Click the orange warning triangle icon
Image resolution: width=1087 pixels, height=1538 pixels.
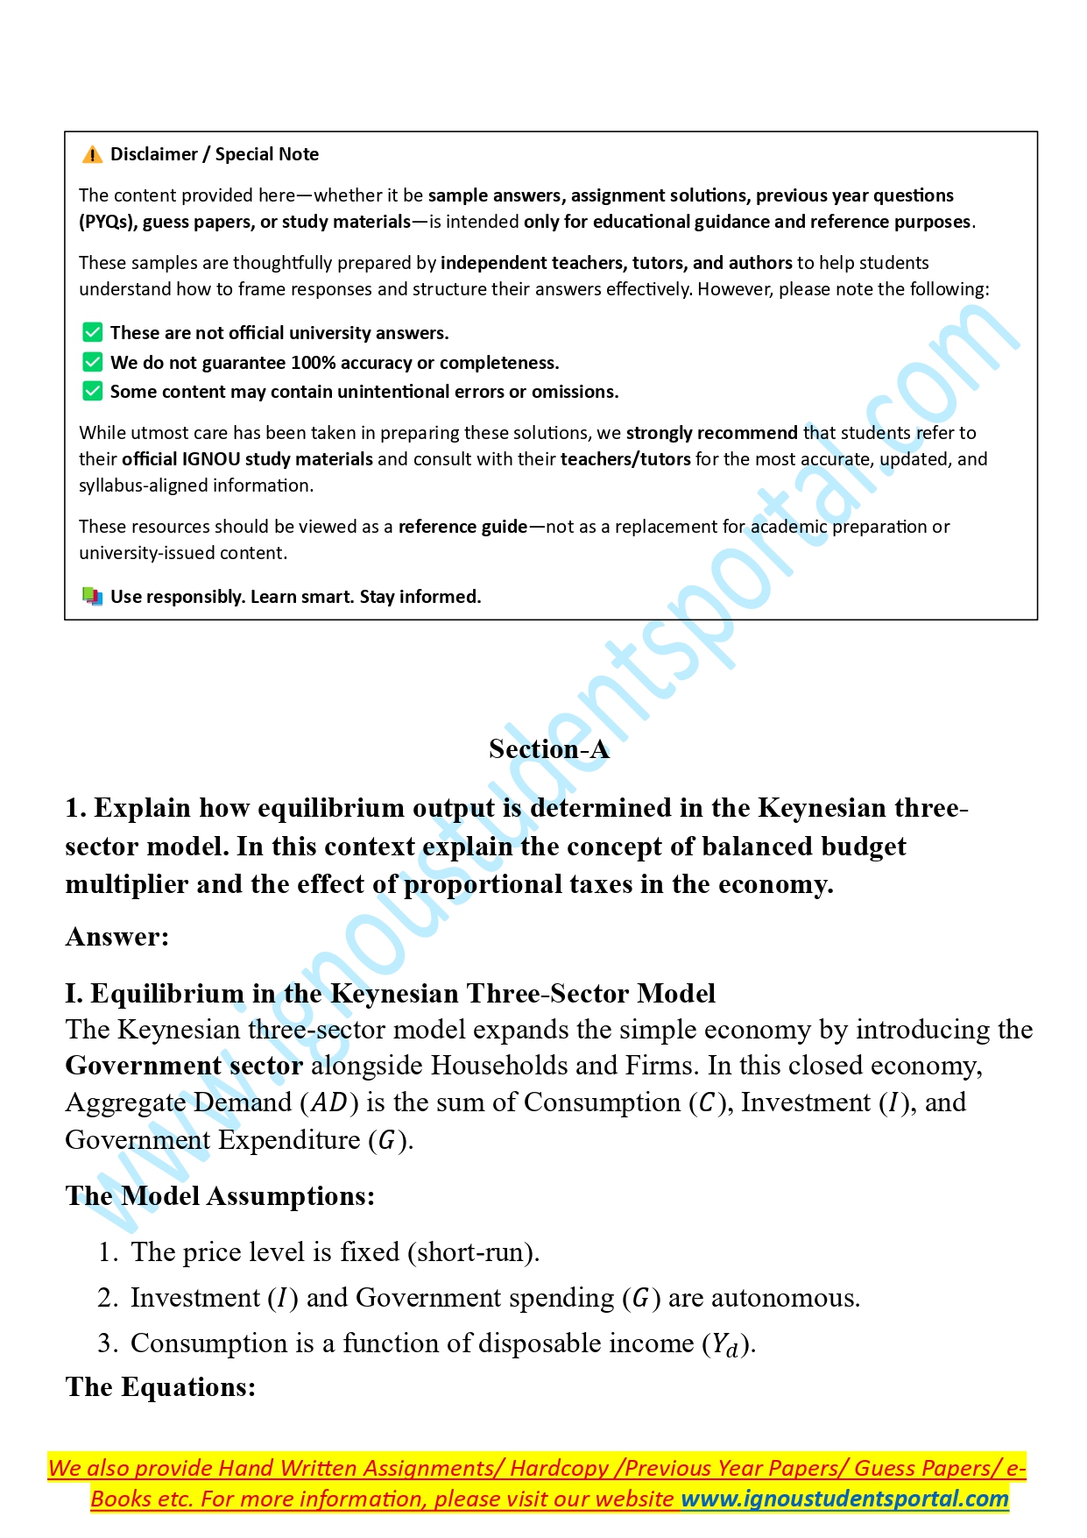[x=92, y=155]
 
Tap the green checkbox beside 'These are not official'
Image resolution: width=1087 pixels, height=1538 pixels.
[x=92, y=333]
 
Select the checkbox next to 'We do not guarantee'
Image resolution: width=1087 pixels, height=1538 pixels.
[x=92, y=362]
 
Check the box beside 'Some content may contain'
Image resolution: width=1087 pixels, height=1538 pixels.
[x=92, y=391]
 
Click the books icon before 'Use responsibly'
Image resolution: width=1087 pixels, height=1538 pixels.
[x=92, y=597]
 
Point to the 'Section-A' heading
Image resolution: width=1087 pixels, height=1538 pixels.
[x=548, y=749]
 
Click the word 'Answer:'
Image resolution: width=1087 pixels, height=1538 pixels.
[x=117, y=937]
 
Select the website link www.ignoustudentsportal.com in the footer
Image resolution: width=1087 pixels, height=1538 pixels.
[x=845, y=1499]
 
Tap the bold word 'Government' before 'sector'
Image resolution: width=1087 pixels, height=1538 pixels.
[x=144, y=1066]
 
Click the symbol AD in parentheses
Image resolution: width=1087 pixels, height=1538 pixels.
[x=329, y=1102]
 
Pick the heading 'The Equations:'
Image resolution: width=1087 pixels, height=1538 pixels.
[x=160, y=1387]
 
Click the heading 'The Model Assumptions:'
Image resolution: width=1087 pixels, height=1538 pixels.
[x=220, y=1196]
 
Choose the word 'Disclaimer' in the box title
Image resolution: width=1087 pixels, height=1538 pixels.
[x=154, y=155]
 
